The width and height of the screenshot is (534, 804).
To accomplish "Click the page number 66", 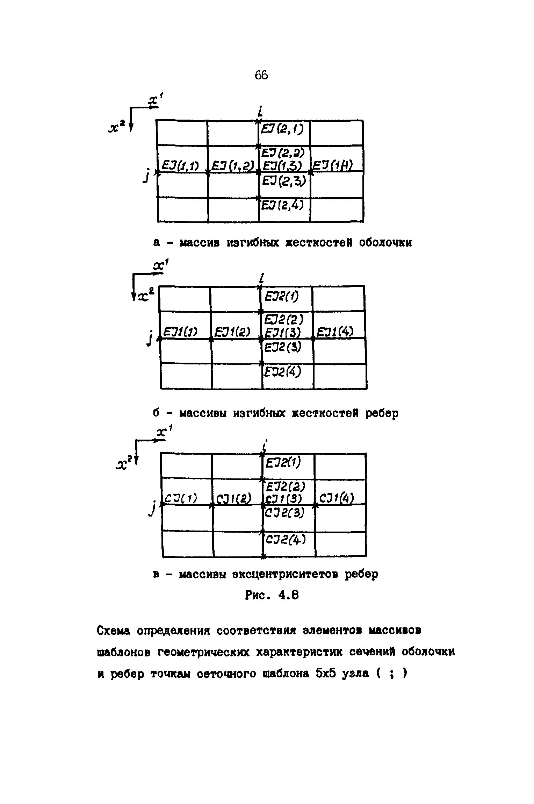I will tap(261, 75).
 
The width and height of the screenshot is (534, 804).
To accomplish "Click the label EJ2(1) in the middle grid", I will tap(281, 297).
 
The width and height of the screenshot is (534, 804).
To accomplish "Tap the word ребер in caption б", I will tap(381, 413).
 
